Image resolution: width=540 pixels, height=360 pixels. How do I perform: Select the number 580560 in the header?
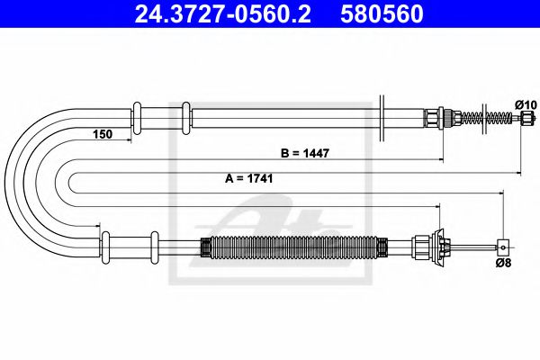click(382, 15)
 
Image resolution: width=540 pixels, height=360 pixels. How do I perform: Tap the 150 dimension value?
click(102, 134)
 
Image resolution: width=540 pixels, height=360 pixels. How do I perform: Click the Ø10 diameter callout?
click(526, 105)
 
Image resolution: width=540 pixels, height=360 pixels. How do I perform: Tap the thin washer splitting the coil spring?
click(485, 117)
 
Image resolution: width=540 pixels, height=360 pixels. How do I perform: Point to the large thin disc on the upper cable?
click(384, 117)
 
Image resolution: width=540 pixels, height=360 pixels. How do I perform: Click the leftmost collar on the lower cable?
click(105, 244)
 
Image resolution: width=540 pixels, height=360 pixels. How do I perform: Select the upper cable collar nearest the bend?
click(139, 117)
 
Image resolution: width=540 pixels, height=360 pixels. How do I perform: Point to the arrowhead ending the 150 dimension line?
click(133, 140)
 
